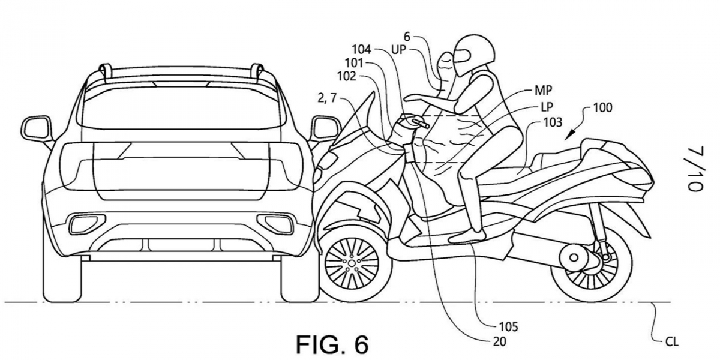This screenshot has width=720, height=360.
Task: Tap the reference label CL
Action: pos(671,341)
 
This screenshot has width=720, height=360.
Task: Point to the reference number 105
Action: pos(508,327)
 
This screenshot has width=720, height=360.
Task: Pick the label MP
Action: pos(543,90)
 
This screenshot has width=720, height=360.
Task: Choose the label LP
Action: pos(544,106)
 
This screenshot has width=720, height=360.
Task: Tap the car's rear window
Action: pos(180,107)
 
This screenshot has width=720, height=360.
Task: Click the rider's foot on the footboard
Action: pos(467,236)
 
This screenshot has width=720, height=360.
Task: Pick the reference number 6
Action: pos(424,36)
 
